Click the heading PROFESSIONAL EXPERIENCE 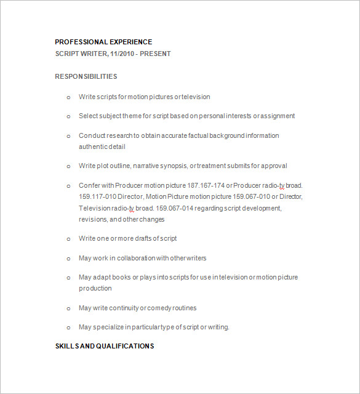(x=103, y=42)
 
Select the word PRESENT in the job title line (x=156, y=54)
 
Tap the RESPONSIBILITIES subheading (x=86, y=76)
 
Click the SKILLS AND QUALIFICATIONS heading (x=105, y=346)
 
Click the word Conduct (x=92, y=135)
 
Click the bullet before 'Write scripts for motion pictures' (x=69, y=97)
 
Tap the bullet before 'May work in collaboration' (x=69, y=259)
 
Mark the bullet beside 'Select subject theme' (x=69, y=116)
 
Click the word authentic (x=94, y=147)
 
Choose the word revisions (x=93, y=219)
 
